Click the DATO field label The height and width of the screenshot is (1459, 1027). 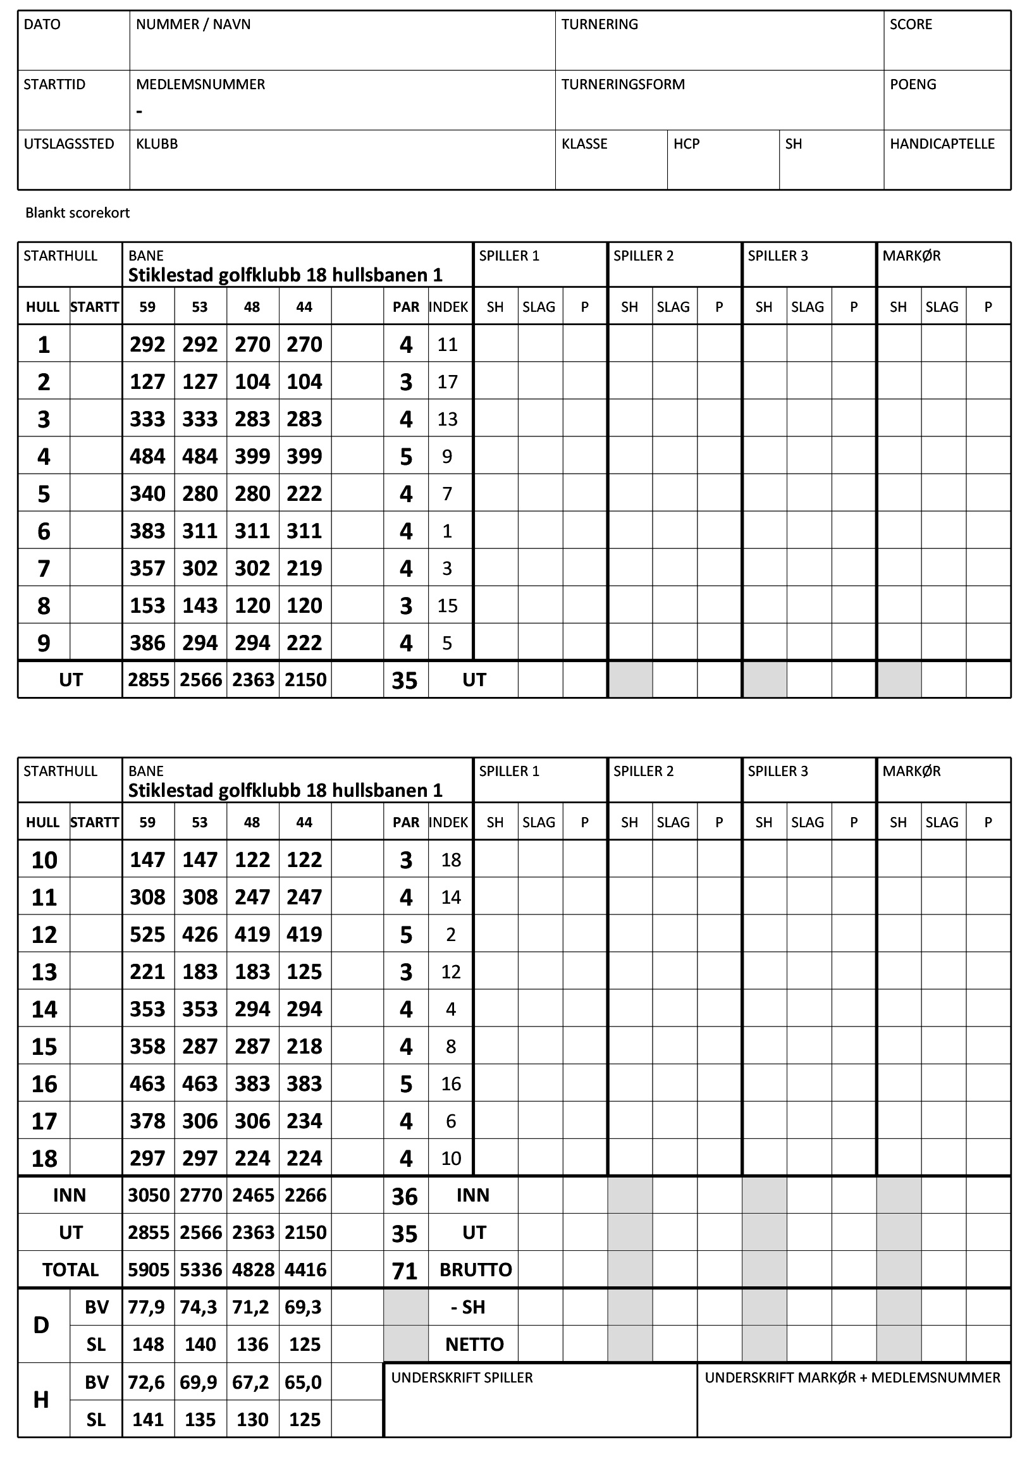tap(42, 24)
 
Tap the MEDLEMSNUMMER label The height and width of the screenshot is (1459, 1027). tap(200, 85)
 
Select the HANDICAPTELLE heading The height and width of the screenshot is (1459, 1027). tap(942, 144)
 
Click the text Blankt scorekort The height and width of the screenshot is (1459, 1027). tap(78, 213)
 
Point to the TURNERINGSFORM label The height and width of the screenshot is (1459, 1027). tap(623, 85)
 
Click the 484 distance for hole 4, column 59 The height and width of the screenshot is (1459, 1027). tap(147, 456)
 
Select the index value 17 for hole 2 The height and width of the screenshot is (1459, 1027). tap(447, 382)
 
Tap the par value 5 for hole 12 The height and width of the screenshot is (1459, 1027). tap(406, 935)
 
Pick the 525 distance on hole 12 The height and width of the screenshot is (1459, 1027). tap(147, 934)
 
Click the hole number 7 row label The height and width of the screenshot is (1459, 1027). tap(43, 569)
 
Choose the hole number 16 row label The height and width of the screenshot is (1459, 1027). tap(44, 1084)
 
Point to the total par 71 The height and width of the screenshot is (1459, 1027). tap(405, 1271)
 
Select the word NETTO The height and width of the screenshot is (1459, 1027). tap(474, 1345)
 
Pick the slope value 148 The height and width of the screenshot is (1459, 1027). tap(147, 1345)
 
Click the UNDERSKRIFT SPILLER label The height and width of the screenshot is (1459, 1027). tap(462, 1377)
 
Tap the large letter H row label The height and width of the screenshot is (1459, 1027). tap(41, 1400)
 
